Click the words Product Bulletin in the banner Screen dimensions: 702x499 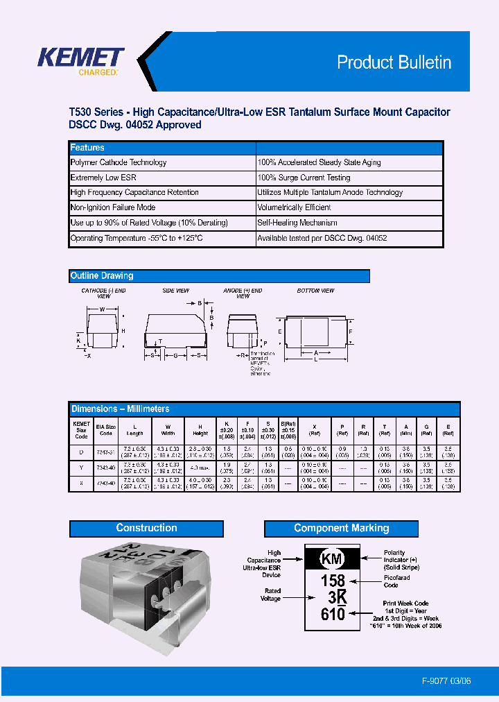click(394, 62)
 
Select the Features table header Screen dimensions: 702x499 click(87, 148)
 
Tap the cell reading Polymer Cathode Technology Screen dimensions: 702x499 click(119, 162)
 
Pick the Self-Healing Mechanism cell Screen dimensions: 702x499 click(297, 223)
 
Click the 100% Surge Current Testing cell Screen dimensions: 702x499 click(304, 178)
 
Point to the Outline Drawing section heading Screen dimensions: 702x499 click(102, 276)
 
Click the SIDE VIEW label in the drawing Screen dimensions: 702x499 click(175, 291)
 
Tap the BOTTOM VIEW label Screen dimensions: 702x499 click(315, 291)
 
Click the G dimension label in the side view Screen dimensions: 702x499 click(176, 355)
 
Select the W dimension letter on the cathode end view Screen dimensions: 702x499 click(103, 309)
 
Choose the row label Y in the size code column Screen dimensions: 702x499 click(82, 466)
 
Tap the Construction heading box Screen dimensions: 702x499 click(146, 529)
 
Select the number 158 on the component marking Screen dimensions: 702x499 click(333, 581)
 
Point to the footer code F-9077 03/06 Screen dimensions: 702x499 click(446, 681)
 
